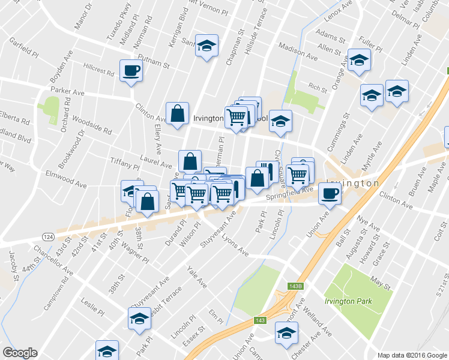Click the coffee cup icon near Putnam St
coord(130,71)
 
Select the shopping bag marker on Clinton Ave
coord(177,113)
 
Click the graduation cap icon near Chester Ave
coord(286,332)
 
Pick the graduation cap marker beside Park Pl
coord(139,318)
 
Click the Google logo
coord(20,353)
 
